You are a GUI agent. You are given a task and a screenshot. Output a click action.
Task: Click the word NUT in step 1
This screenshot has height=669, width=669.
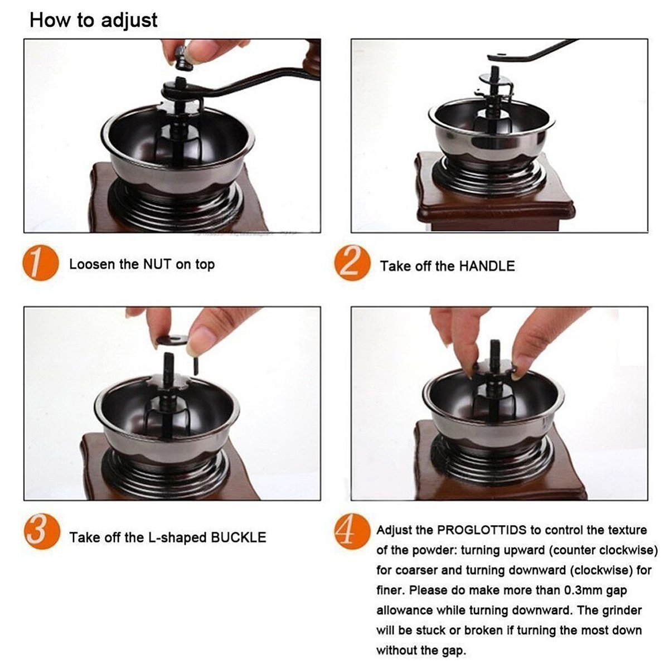(157, 264)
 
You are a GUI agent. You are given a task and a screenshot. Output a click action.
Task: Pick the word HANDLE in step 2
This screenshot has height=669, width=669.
(487, 266)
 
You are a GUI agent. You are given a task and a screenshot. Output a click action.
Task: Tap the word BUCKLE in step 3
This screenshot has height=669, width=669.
(238, 537)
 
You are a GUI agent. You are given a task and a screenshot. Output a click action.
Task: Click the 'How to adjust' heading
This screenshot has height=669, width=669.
(94, 20)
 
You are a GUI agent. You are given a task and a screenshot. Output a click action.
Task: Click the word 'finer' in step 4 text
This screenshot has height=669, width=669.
(389, 590)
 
